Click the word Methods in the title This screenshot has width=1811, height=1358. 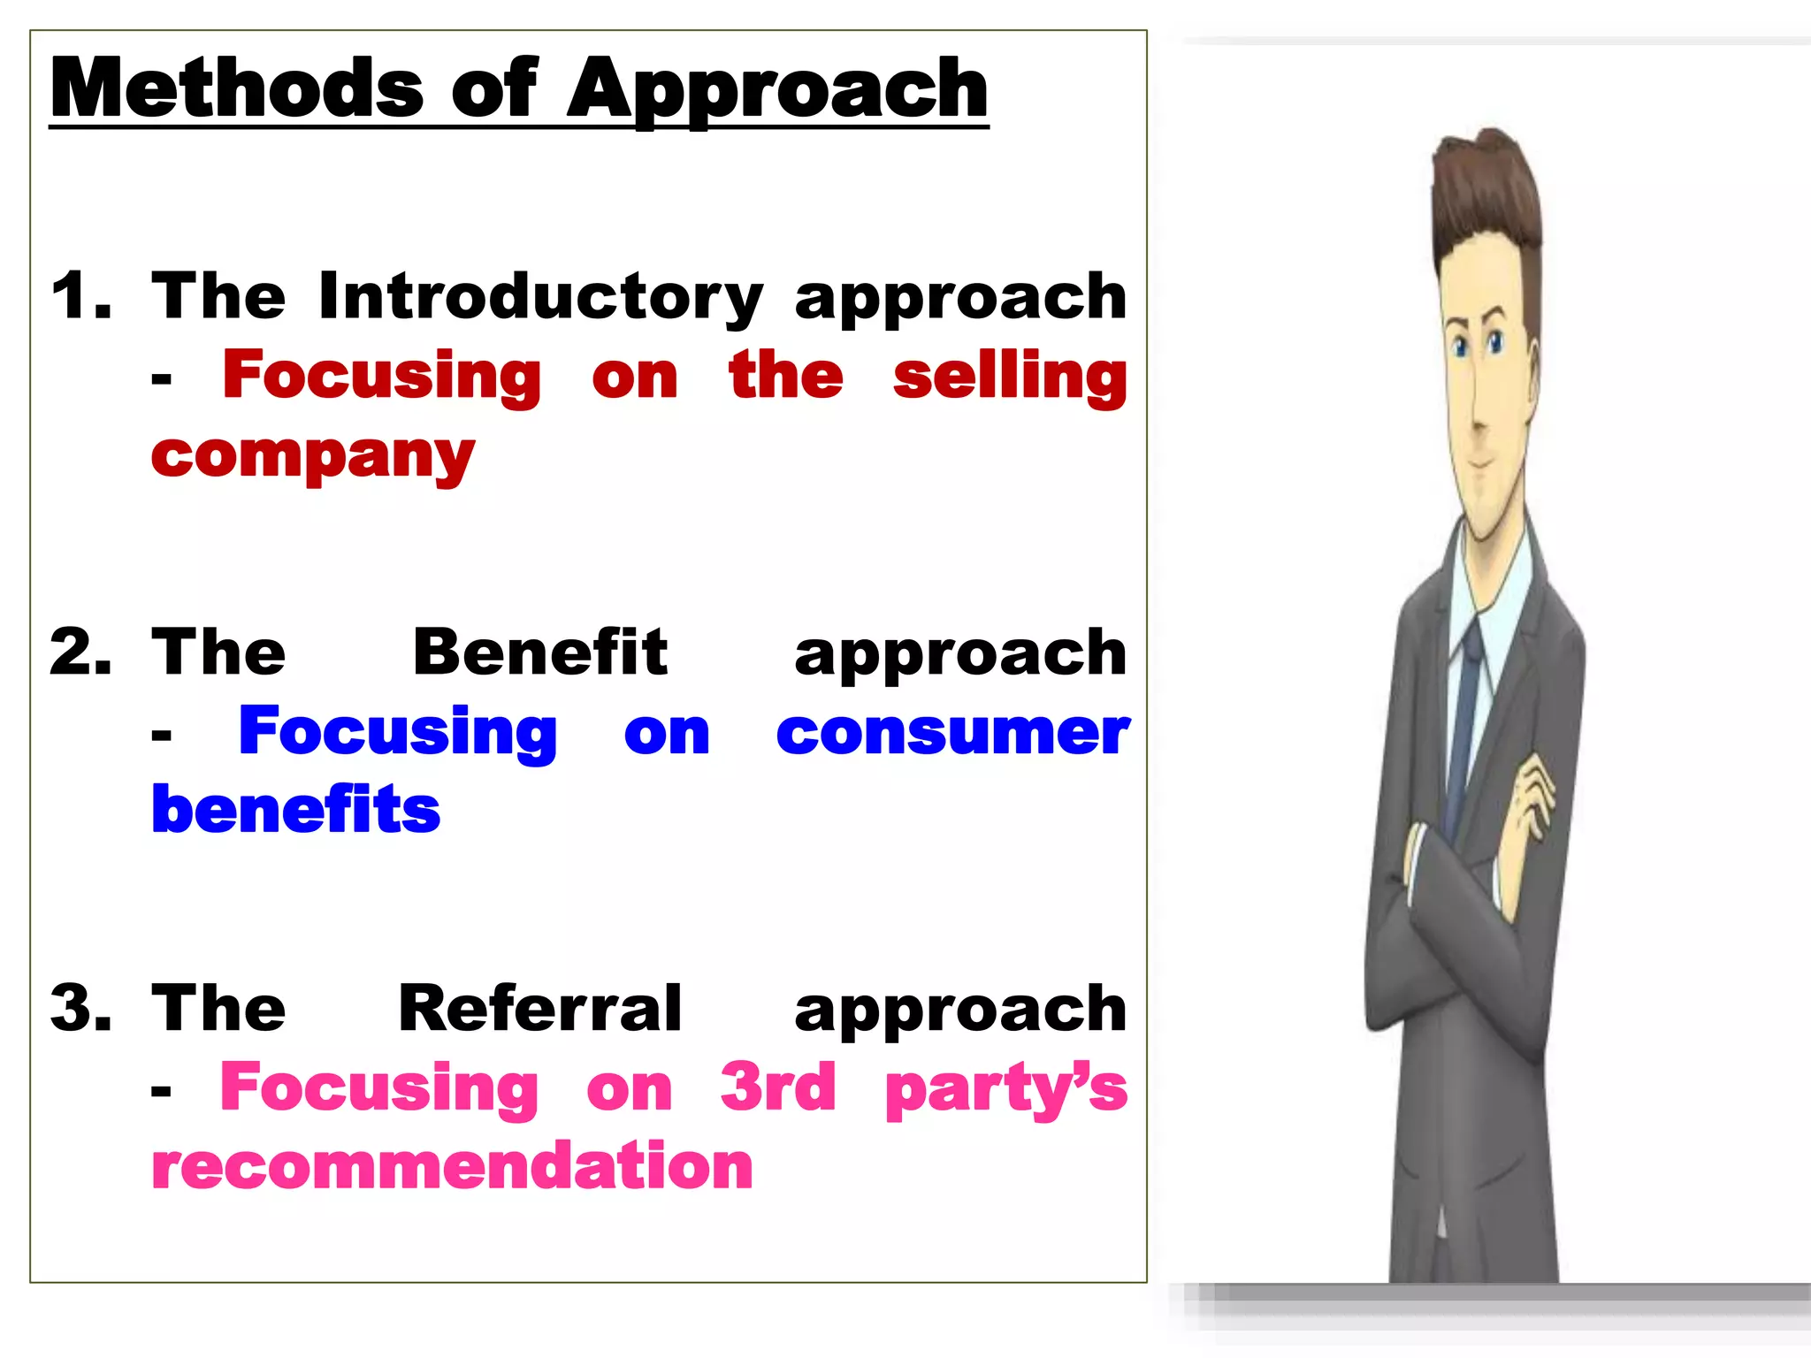(x=237, y=88)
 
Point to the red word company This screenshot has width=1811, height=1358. (x=313, y=457)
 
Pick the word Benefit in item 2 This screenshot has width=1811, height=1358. (x=539, y=652)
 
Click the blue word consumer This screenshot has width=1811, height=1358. (x=952, y=733)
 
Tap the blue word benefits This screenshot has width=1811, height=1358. (x=295, y=810)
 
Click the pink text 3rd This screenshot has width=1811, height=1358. (x=777, y=1087)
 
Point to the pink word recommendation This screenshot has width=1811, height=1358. (x=452, y=1166)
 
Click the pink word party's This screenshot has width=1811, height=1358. (x=1006, y=1090)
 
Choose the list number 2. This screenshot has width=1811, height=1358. (x=80, y=652)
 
